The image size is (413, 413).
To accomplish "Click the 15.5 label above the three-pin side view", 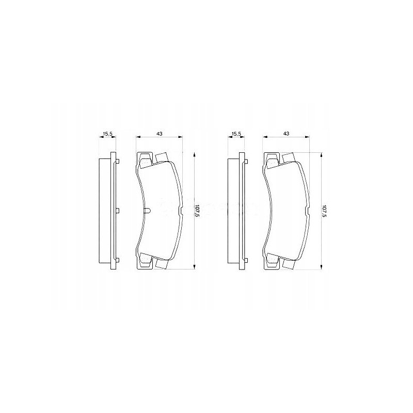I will [x=107, y=134].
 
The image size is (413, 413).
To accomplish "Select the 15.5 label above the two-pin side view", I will [x=236, y=134].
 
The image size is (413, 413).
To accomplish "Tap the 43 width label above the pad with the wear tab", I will [x=159, y=134].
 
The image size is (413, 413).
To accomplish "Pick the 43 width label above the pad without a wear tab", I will [x=286, y=134].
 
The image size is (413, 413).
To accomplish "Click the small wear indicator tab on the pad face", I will [x=147, y=211].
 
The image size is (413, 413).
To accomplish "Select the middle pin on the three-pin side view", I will [x=118, y=211].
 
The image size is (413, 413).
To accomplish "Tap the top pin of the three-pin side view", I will [x=118, y=162].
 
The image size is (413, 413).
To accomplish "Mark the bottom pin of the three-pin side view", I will [x=118, y=259].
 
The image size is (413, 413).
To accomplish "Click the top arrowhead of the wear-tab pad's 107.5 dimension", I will [x=194, y=154].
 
